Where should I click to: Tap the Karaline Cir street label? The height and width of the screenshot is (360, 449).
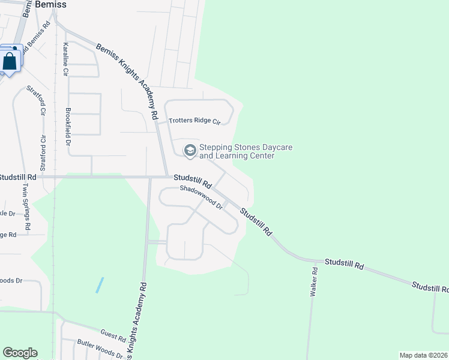[65, 59]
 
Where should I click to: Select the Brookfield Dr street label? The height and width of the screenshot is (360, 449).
[68, 127]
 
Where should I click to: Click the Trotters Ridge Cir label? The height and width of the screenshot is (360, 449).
[194, 121]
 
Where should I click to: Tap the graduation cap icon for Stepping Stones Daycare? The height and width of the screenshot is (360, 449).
[190, 150]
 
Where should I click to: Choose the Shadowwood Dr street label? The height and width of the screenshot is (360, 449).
[202, 196]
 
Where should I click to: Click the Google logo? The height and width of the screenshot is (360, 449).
[20, 353]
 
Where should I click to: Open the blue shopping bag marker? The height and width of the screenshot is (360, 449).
[10, 61]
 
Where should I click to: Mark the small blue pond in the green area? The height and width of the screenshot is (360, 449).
[99, 284]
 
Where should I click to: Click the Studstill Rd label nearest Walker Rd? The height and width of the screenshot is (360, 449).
[344, 263]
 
